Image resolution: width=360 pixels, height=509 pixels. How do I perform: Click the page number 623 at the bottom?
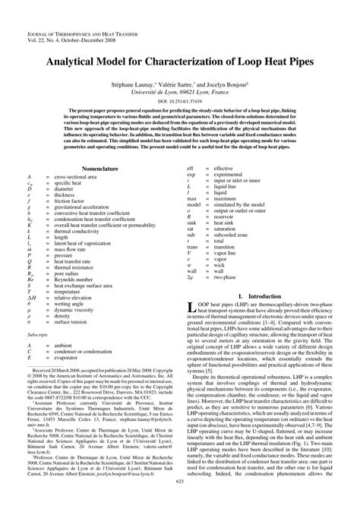coord(180,502)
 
